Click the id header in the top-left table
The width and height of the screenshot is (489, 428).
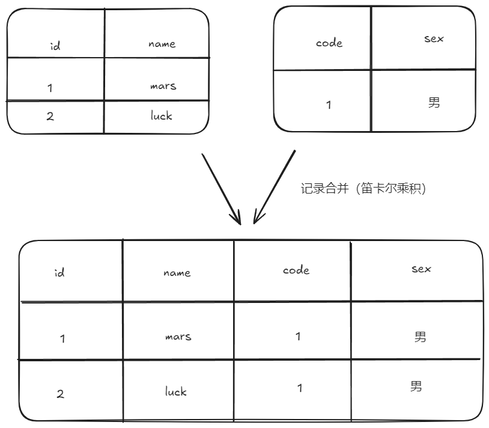tap(55, 45)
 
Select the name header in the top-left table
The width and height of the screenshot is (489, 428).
tap(162, 44)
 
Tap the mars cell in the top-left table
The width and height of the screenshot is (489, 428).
tap(163, 85)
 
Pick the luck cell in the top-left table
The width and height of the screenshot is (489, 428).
tap(161, 115)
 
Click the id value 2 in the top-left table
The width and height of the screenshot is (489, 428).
tap(50, 116)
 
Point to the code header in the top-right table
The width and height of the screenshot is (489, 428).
tap(329, 43)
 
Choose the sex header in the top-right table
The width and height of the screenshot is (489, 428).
tap(434, 38)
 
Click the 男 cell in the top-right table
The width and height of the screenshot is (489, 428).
tap(434, 102)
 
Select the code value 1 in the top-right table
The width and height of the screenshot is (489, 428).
tap(329, 105)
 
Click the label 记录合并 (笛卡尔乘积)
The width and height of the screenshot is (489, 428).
tap(363, 189)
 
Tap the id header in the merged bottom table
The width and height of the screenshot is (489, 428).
tap(59, 274)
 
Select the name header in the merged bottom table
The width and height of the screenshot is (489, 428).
tap(177, 273)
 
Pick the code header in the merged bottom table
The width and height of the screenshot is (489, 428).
tap(296, 270)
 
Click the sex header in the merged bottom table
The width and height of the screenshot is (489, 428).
tap(421, 269)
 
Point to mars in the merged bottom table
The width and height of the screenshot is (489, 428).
tap(178, 337)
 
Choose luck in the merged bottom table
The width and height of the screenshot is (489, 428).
tap(176, 391)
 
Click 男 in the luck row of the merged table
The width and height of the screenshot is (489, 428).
tap(416, 385)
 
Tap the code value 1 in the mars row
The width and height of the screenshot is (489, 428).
tap(298, 336)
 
